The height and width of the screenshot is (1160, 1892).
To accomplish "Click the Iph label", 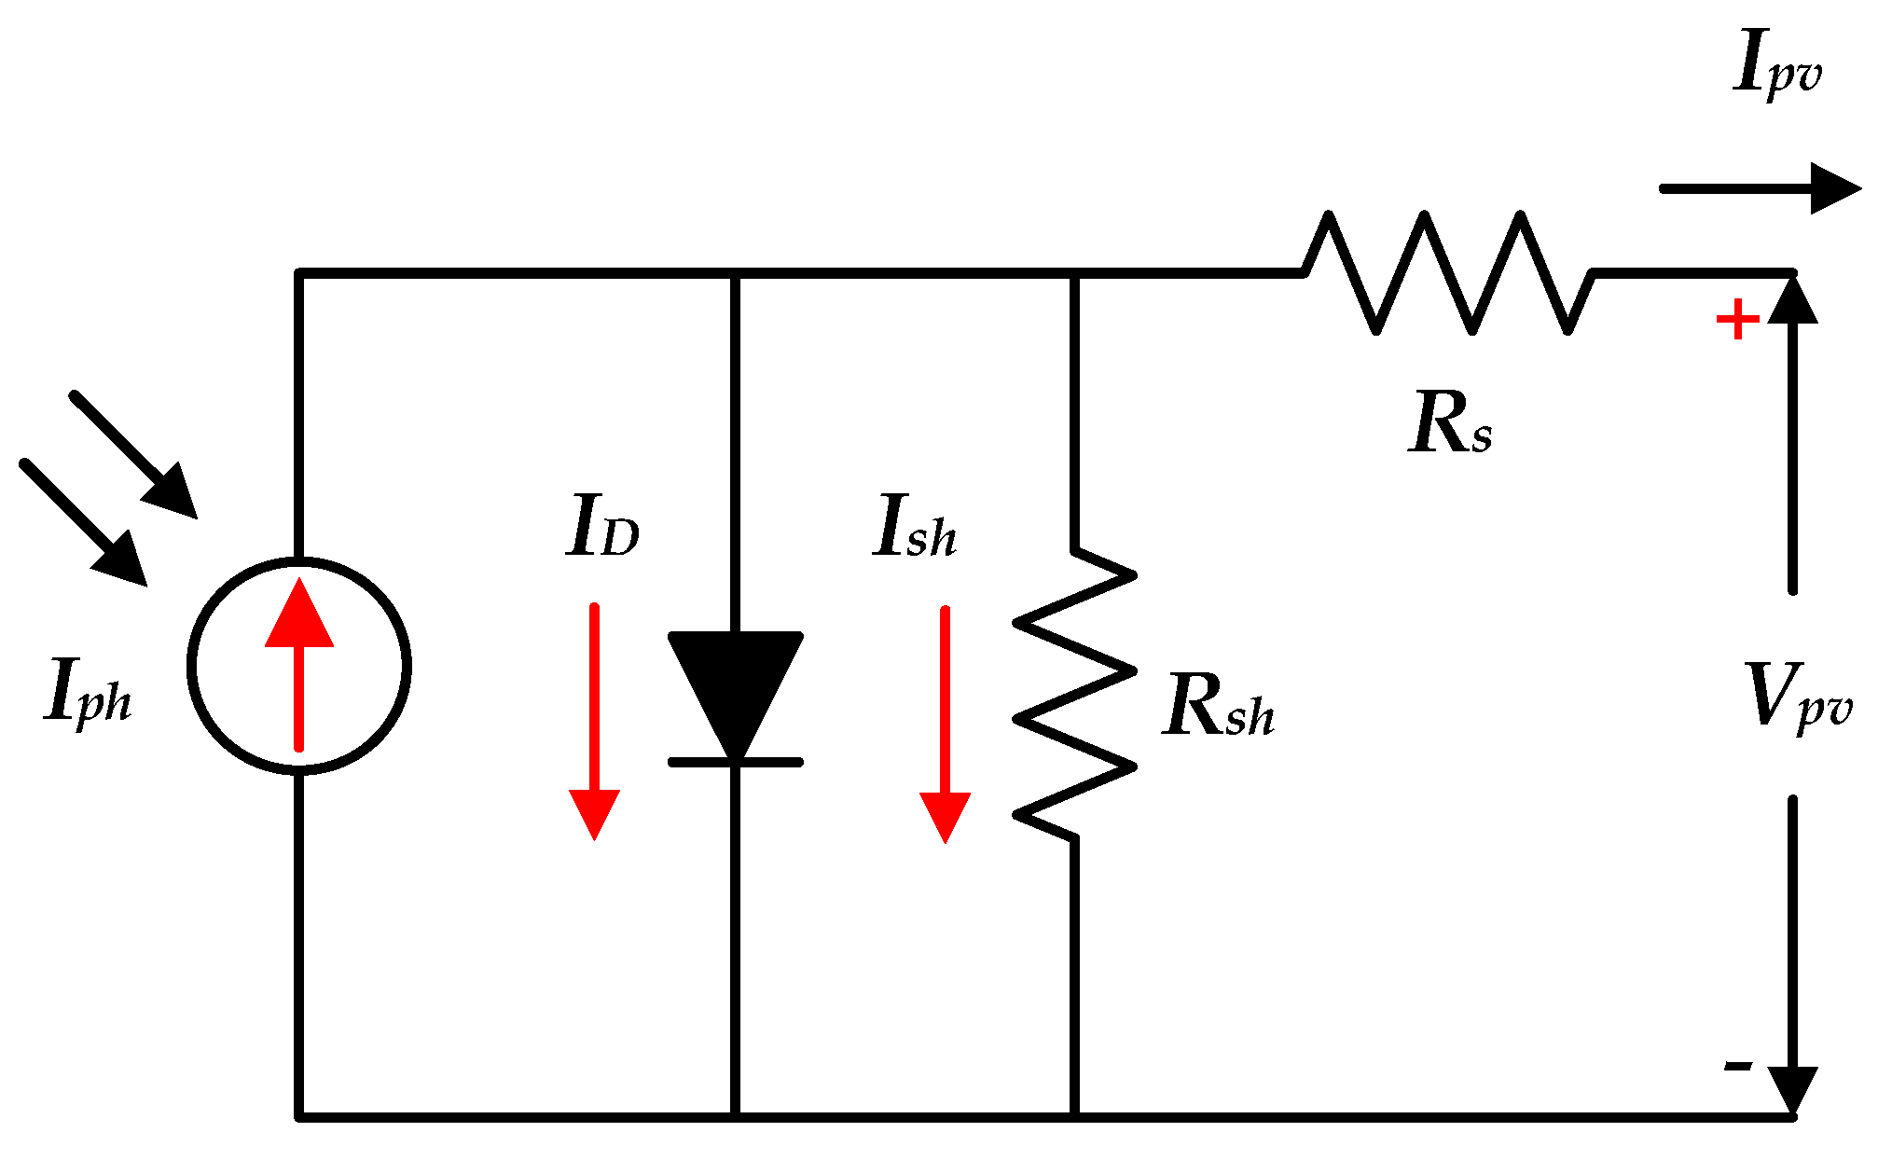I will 88,692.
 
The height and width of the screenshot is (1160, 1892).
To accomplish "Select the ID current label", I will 601,528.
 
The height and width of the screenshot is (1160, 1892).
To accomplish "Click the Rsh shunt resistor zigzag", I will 1075,695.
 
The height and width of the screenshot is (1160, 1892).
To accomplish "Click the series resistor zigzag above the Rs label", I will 1448,272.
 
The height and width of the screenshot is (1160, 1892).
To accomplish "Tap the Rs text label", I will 1449,424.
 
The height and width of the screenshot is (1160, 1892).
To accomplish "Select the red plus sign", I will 1737,320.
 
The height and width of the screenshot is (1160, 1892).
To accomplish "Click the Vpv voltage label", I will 1797,697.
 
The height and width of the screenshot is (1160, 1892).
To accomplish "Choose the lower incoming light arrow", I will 84,523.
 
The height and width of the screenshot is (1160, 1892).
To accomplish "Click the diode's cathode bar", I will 736,763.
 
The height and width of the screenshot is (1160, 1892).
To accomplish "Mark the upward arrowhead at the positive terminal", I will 1792,301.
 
